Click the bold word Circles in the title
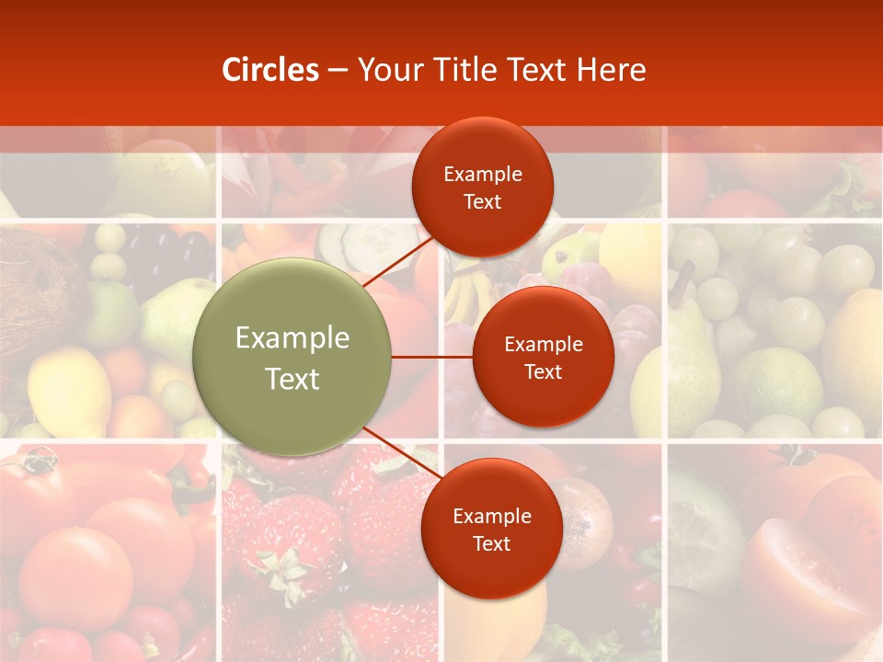click(269, 70)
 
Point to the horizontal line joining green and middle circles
click(432, 357)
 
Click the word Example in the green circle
click(292, 338)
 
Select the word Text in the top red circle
click(483, 202)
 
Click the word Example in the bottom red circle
click(491, 516)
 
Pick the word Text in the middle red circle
click(544, 371)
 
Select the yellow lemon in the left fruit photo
click(69, 391)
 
